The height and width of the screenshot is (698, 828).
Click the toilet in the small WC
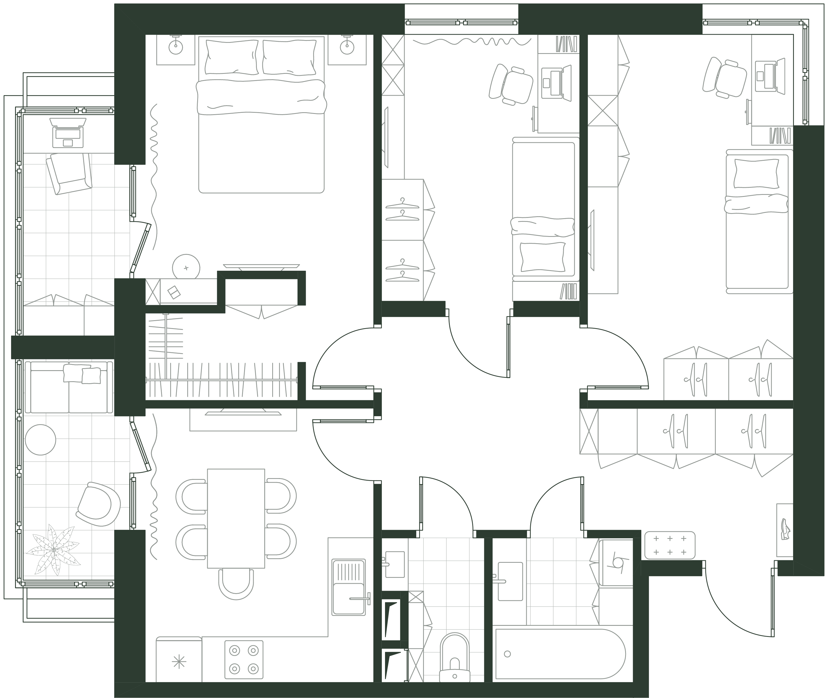(454, 659)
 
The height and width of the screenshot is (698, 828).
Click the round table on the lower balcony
(40, 439)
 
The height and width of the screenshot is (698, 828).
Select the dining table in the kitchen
(236, 518)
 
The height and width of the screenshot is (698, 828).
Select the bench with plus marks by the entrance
(670, 545)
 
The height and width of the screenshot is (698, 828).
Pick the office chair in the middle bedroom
(511, 85)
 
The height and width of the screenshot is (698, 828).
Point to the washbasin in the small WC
(394, 564)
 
